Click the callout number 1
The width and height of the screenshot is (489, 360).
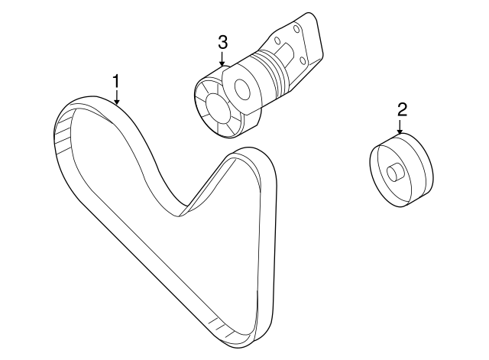click(x=116, y=80)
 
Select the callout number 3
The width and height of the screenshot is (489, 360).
click(x=222, y=41)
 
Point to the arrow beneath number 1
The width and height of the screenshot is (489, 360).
click(x=116, y=96)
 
